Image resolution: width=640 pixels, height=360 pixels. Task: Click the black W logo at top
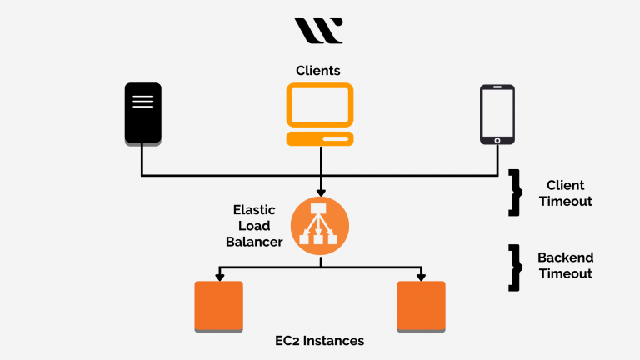click(x=318, y=31)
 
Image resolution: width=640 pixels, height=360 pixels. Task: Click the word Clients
click(x=318, y=71)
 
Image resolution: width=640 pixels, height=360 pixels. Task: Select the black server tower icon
click(x=142, y=113)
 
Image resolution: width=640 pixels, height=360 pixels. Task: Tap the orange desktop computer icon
click(x=320, y=114)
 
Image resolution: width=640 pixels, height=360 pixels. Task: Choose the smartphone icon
click(x=497, y=113)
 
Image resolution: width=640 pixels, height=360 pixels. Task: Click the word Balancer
click(x=257, y=242)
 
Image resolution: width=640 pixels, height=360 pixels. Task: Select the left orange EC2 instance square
click(x=218, y=306)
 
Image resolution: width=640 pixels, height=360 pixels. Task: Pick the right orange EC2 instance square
click(x=421, y=306)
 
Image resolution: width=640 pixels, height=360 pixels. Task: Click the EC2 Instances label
click(x=320, y=341)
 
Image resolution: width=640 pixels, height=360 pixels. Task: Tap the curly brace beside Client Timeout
click(x=515, y=192)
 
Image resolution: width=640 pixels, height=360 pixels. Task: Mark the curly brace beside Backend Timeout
click(x=515, y=267)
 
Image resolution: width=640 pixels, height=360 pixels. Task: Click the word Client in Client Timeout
click(x=565, y=185)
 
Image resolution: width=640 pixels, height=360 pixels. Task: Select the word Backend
click(x=565, y=257)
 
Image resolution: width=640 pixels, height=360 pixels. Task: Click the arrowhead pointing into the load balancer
click(x=320, y=192)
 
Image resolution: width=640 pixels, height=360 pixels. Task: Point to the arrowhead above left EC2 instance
click(x=218, y=276)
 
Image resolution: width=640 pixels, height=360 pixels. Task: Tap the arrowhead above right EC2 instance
click(x=421, y=276)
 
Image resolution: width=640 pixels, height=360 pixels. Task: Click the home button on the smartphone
click(x=497, y=140)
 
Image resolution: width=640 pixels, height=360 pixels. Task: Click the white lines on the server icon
click(x=142, y=102)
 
